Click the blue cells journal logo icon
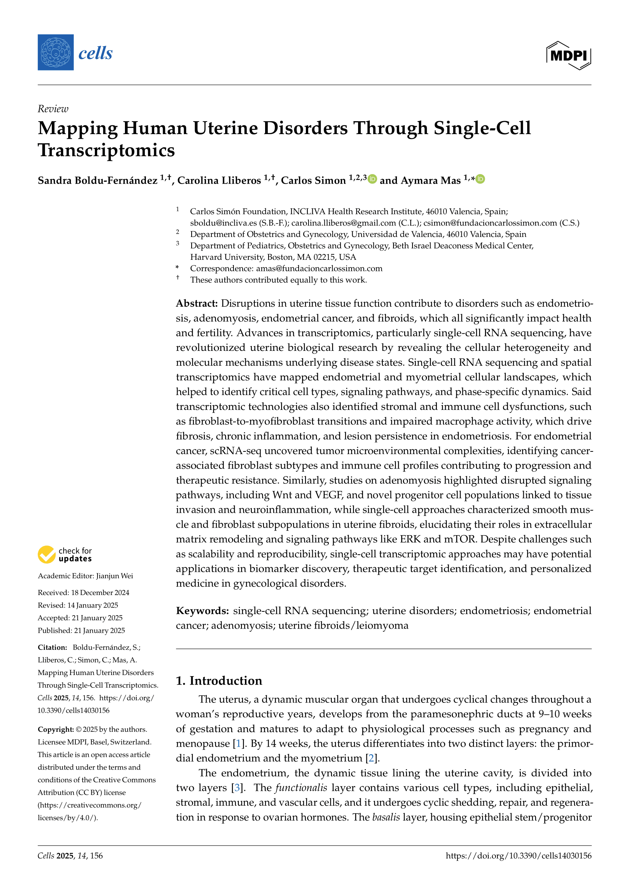click(56, 53)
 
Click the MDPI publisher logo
click(568, 56)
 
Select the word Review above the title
click(53, 109)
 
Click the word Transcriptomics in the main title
click(106, 150)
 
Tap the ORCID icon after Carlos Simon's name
click(373, 179)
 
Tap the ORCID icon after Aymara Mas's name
click(480, 179)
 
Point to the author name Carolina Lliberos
click(219, 181)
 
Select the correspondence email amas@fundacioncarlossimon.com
click(319, 269)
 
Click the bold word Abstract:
click(197, 304)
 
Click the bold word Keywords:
click(202, 611)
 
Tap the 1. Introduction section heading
click(219, 681)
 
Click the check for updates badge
click(65, 555)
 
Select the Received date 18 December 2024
click(100, 593)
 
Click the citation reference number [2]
click(372, 758)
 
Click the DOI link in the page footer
click(518, 856)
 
